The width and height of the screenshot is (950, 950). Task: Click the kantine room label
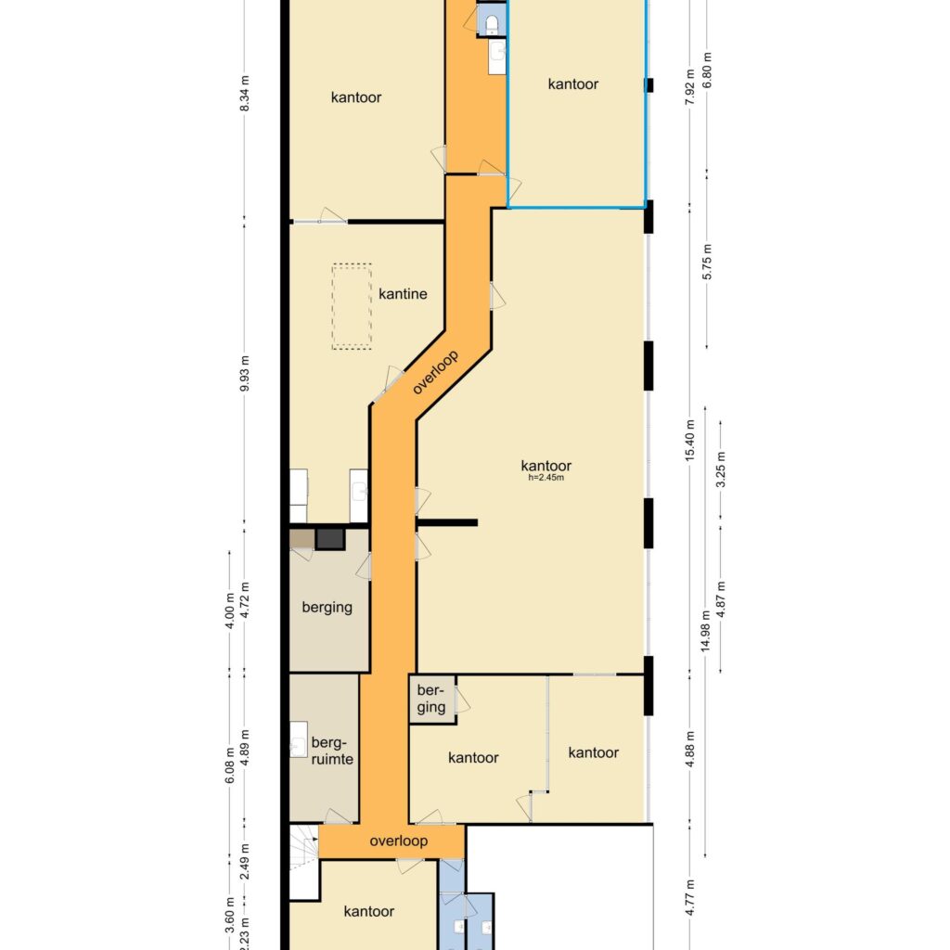click(x=402, y=294)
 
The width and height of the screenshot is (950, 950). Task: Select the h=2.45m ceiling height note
click(x=546, y=479)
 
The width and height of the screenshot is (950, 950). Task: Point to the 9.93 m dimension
click(x=245, y=374)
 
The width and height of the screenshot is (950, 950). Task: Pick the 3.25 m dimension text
click(x=722, y=469)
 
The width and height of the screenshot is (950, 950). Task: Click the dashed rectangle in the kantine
click(x=352, y=307)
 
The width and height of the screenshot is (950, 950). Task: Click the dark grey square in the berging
click(x=329, y=539)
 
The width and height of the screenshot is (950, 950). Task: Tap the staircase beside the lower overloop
click(x=302, y=850)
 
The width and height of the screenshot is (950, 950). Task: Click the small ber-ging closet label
click(x=430, y=700)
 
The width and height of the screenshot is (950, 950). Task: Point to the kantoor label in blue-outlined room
click(x=572, y=84)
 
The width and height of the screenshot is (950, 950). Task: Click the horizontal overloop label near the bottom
click(x=398, y=841)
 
